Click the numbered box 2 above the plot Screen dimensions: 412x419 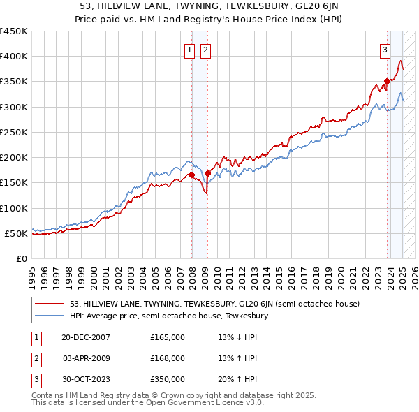206,50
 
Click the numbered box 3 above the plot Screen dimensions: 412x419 385,50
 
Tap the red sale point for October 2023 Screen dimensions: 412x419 387,82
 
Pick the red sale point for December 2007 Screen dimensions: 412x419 191,175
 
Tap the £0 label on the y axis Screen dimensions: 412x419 22,258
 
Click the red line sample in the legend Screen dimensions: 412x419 50,304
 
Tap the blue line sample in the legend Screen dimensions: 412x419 50,316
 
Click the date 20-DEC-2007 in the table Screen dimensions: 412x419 87,337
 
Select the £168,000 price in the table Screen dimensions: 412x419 168,358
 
